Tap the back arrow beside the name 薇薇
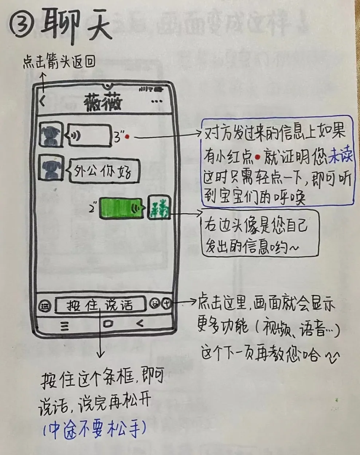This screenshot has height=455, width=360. pyautogui.click(x=43, y=101)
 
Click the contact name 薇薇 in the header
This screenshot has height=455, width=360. pyautogui.click(x=103, y=102)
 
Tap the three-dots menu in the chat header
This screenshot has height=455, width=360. pyautogui.click(x=157, y=101)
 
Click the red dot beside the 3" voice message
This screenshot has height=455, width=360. pyautogui.click(x=127, y=137)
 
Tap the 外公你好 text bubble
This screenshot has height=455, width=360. pyautogui.click(x=104, y=171)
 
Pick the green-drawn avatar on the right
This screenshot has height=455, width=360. pyautogui.click(x=159, y=207)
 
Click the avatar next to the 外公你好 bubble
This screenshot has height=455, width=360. pyautogui.click(x=51, y=168)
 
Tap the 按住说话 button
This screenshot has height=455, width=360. pyautogui.click(x=100, y=305)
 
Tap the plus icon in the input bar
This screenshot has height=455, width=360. pyautogui.click(x=167, y=304)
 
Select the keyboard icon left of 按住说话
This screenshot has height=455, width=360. pyautogui.click(x=44, y=306)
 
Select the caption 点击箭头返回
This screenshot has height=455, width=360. pyautogui.click(x=59, y=62)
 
